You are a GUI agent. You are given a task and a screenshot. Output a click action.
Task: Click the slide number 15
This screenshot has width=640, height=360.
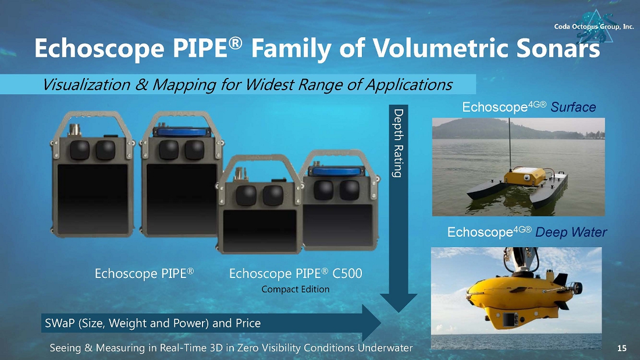[x=621, y=348]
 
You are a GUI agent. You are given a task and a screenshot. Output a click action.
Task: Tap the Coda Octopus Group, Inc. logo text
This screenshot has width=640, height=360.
[x=594, y=27]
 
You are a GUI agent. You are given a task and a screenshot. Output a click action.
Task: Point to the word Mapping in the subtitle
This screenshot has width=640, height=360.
[x=184, y=85]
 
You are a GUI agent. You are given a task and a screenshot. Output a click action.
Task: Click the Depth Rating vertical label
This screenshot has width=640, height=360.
[x=398, y=143]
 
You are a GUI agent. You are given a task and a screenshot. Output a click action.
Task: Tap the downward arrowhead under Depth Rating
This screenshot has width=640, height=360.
[x=399, y=302]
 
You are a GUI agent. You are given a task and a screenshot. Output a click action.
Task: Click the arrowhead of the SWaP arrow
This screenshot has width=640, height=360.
[x=371, y=323]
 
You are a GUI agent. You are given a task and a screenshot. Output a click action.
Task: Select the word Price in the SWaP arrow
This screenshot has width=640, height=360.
[x=248, y=323]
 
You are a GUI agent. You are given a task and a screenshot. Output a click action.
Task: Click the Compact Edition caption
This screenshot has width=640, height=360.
[x=295, y=290]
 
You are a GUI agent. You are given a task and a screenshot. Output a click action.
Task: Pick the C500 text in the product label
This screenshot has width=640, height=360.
[x=347, y=273]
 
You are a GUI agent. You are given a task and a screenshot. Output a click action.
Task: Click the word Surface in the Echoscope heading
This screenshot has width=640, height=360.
[x=573, y=108]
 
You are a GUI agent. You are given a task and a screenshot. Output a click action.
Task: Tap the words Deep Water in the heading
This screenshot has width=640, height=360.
[x=571, y=232]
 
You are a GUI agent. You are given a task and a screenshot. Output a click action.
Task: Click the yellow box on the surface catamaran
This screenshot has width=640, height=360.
[x=524, y=176]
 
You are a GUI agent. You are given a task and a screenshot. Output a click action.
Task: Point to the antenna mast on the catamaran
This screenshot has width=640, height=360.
[x=510, y=143]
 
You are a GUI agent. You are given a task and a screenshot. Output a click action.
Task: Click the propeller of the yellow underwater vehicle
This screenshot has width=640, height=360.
[x=576, y=288]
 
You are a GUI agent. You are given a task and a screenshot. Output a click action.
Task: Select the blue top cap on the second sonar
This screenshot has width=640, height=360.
[x=182, y=131]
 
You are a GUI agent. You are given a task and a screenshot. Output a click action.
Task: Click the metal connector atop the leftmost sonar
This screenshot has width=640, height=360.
[x=75, y=130]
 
